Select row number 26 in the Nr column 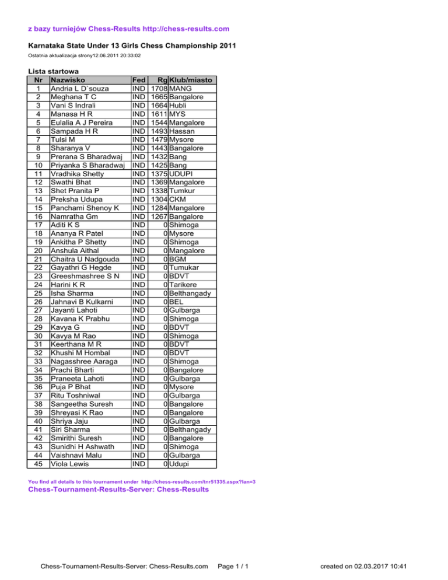pos(38,301)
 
